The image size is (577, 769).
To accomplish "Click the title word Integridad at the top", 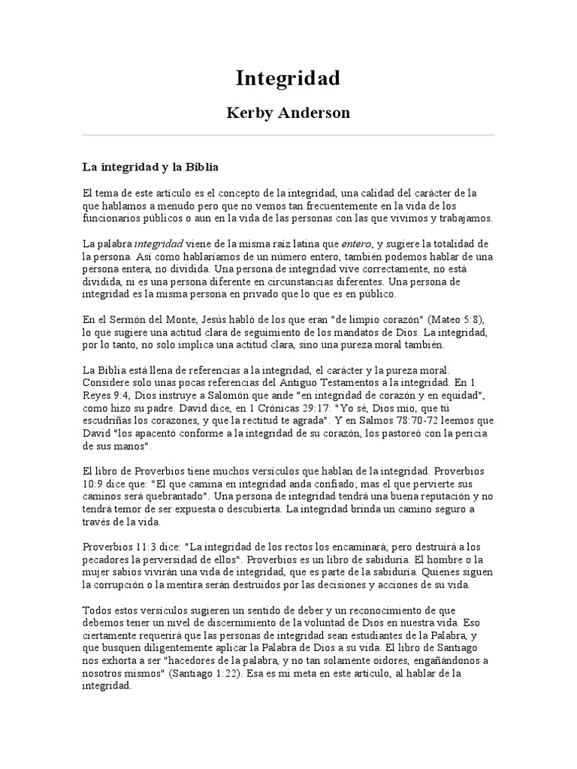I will (x=288, y=78).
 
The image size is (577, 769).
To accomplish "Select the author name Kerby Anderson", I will (x=288, y=113).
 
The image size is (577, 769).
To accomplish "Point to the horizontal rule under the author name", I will (x=288, y=135).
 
